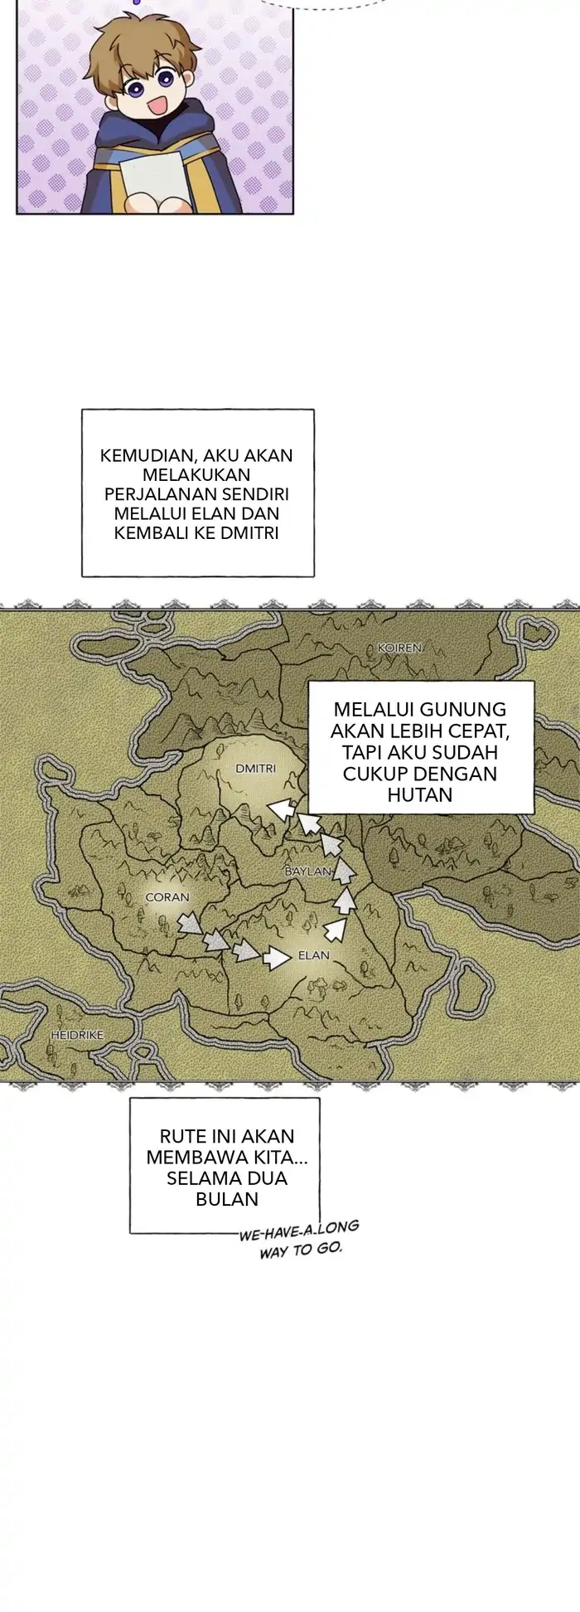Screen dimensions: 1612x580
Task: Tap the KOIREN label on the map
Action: coord(399,648)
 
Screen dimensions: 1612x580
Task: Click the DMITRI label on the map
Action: coord(255,769)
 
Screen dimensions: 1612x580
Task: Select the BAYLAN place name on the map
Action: coord(307,872)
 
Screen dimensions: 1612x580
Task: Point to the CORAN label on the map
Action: coord(167,896)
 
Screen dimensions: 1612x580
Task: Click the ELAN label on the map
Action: coord(313,955)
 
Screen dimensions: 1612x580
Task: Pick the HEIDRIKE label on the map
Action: coord(76,1036)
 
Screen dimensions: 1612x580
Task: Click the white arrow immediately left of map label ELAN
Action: coord(274,959)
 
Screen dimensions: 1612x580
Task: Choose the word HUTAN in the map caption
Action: coord(419,795)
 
